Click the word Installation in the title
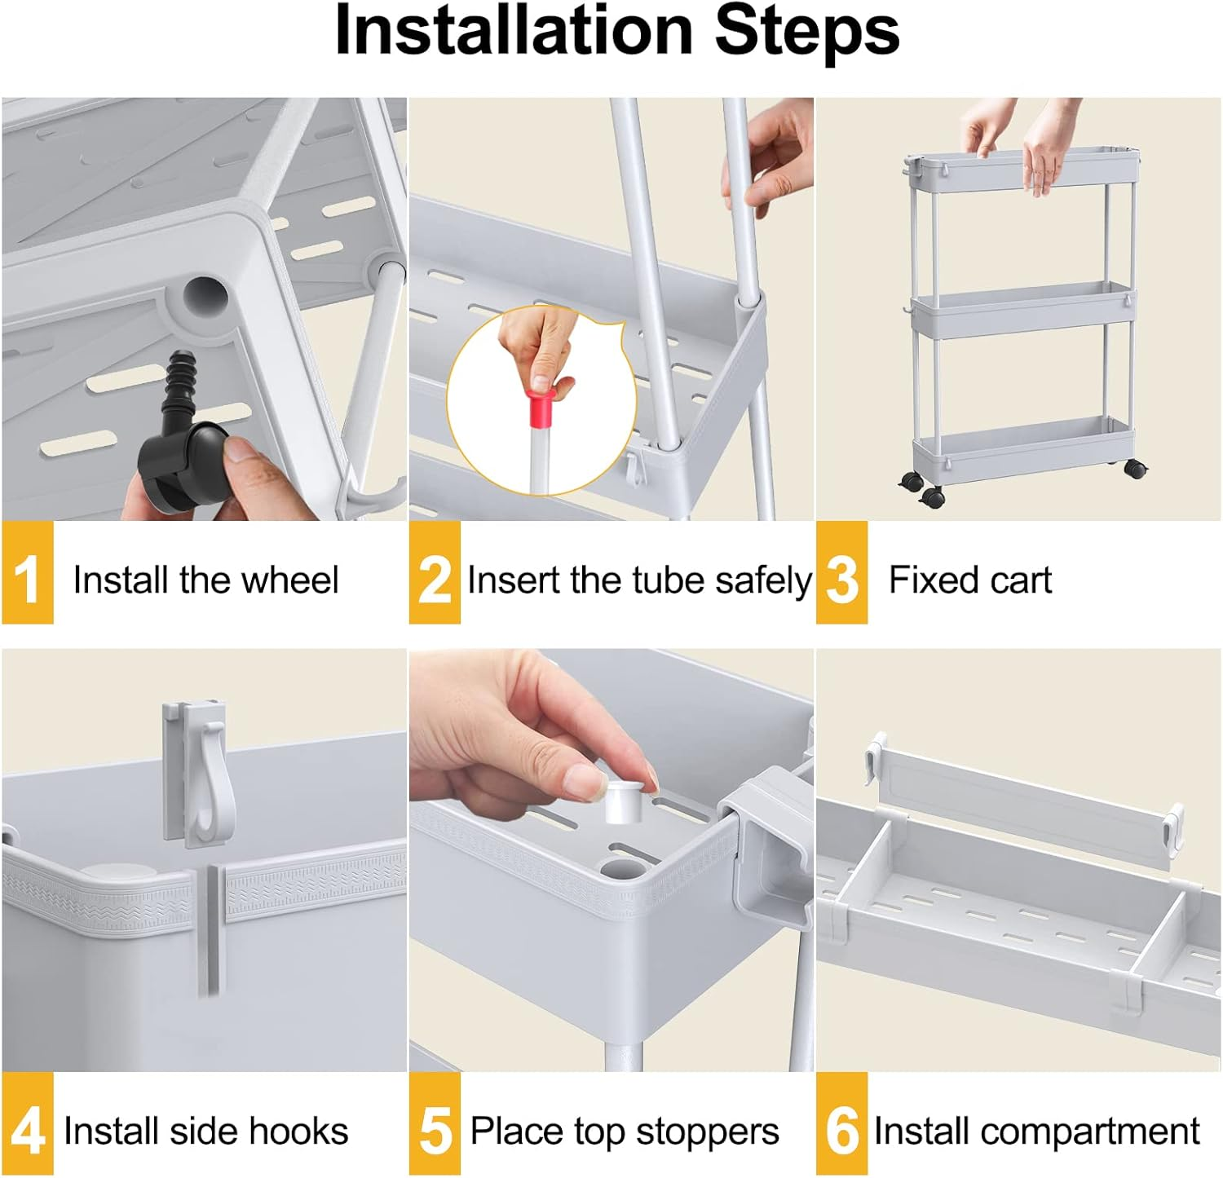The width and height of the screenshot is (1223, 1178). point(514,31)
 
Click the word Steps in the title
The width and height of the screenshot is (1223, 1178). point(807,31)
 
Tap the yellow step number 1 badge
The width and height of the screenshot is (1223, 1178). point(27,576)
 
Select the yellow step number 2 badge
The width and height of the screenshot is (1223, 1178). point(435,576)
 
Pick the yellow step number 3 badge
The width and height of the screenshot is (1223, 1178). point(841,576)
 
